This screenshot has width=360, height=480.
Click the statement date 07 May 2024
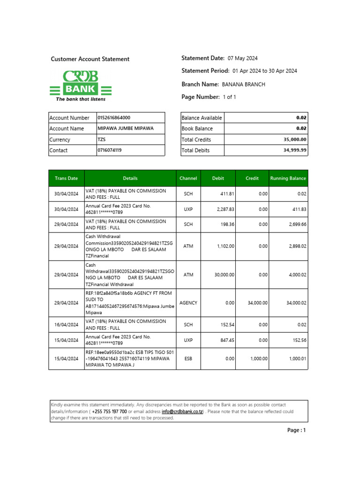(x=242, y=59)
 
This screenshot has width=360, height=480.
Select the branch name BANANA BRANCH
(x=243, y=84)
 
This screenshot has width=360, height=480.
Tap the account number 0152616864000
(x=114, y=118)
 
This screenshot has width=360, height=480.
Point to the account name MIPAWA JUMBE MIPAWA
(x=125, y=128)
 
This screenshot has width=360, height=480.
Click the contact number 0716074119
(x=109, y=150)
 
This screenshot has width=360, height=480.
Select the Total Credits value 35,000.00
(x=295, y=140)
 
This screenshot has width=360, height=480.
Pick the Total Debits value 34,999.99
(x=295, y=150)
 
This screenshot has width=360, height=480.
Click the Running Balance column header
(x=288, y=178)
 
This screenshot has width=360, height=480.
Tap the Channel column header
(x=188, y=178)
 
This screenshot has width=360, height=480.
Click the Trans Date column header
(x=66, y=178)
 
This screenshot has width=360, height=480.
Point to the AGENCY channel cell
(x=188, y=303)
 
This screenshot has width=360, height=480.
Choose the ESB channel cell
(x=188, y=359)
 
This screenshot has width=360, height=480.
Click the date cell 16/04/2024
(x=66, y=324)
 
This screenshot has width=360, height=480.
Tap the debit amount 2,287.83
(x=225, y=209)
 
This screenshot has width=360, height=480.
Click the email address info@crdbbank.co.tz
(x=182, y=412)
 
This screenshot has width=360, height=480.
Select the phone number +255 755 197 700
(x=109, y=412)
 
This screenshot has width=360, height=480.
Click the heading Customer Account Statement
(x=90, y=59)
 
